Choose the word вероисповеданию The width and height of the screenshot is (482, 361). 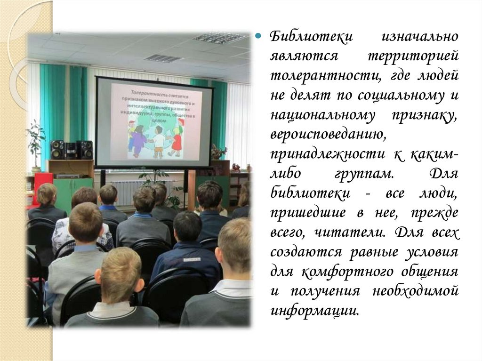tap(328, 135)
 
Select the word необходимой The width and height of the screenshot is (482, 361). tap(415, 291)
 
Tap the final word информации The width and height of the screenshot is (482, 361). tap(314, 311)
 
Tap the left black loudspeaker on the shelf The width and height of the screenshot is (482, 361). tap(57, 150)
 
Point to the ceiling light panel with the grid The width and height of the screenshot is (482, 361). tap(219, 38)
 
